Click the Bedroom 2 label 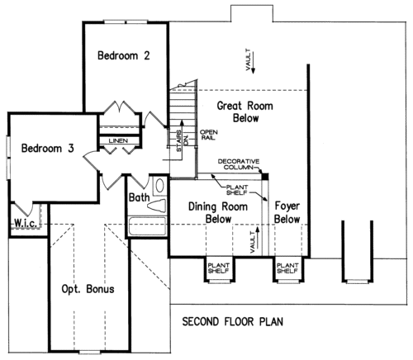(x=124, y=55)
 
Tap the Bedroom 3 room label (x=48, y=148)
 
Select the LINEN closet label (x=118, y=140)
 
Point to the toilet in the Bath (x=157, y=206)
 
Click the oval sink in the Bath (x=160, y=186)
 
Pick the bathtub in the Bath (x=148, y=226)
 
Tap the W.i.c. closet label (x=25, y=223)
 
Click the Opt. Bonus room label (x=88, y=289)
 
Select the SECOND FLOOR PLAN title (x=233, y=321)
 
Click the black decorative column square (x=265, y=177)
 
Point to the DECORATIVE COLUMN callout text (x=239, y=164)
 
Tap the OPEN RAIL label (x=209, y=135)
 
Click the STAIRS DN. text (x=182, y=141)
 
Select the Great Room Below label (x=245, y=111)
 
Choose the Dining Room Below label (x=218, y=213)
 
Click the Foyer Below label (x=287, y=212)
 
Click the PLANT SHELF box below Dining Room (x=219, y=270)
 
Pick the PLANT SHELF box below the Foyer (x=288, y=270)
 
